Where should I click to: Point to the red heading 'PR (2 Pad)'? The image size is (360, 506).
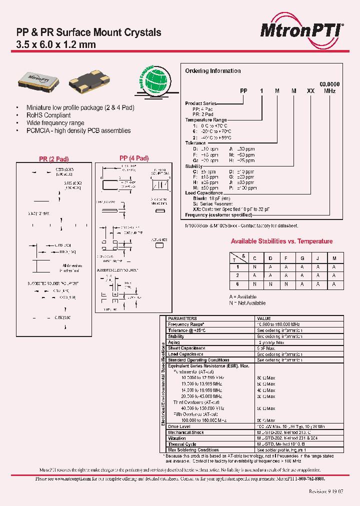point(53,159)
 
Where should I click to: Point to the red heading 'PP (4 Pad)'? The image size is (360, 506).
point(134,158)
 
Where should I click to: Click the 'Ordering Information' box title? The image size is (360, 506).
point(212,71)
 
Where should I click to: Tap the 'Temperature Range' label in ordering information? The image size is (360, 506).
point(205,120)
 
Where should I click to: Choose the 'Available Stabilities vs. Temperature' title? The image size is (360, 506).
point(281,241)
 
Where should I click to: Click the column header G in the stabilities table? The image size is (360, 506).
point(301,258)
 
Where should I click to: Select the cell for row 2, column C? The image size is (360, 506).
point(254,276)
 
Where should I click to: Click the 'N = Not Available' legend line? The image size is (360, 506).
point(247,303)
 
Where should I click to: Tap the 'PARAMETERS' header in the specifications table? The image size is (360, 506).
point(182,318)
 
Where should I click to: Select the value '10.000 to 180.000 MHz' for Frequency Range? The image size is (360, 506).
point(278,324)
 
